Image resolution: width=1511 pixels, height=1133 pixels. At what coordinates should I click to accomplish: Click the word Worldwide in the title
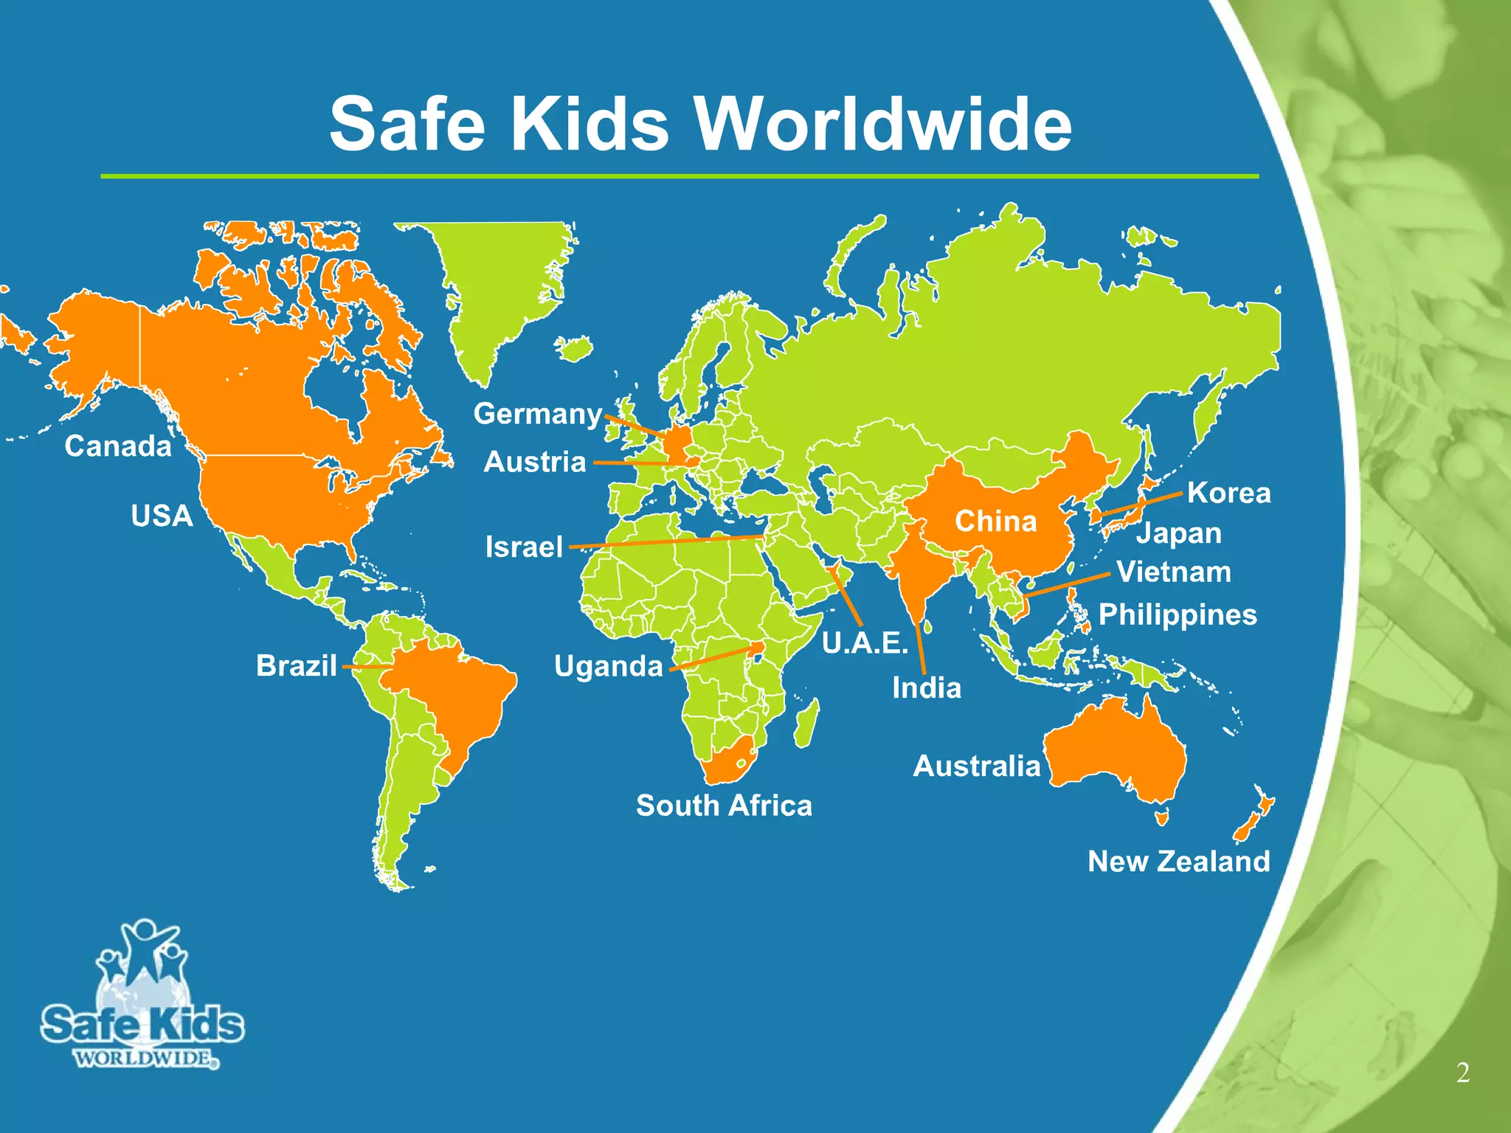point(884,124)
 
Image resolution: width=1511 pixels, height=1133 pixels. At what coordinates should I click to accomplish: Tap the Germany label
point(537,414)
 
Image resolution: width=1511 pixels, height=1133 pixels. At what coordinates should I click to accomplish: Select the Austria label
point(534,462)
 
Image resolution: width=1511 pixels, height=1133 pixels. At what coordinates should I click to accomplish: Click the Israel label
point(524,547)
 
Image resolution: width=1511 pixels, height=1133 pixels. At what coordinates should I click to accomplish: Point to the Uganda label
point(608,666)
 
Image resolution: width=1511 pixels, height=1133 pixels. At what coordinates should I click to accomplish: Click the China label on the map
point(995,522)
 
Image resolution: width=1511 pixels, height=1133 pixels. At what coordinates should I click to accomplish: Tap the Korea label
point(1228,493)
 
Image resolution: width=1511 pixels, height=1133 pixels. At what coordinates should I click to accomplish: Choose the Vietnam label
point(1173,572)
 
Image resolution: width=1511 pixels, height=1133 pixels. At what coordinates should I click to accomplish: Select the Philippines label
point(1178,614)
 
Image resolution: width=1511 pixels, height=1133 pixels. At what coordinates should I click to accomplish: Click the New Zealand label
point(1178,861)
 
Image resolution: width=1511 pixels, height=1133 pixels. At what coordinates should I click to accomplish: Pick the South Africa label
point(724,805)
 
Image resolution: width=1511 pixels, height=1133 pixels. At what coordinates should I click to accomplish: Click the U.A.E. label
point(864,643)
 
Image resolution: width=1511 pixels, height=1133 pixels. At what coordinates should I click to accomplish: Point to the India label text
point(927,688)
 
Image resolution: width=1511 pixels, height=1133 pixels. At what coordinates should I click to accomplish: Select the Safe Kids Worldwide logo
point(140,996)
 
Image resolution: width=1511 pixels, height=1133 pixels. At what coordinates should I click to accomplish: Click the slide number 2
point(1462,1073)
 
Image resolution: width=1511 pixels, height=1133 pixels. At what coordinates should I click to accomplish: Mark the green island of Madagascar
point(807,723)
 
